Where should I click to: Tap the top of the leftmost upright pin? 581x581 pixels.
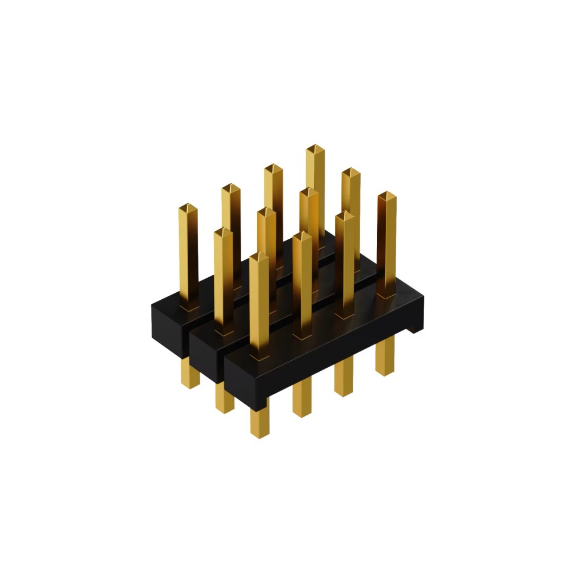[x=188, y=208]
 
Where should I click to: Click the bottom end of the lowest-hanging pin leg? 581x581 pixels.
[x=260, y=432]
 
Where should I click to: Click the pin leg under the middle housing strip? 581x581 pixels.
[x=224, y=397]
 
